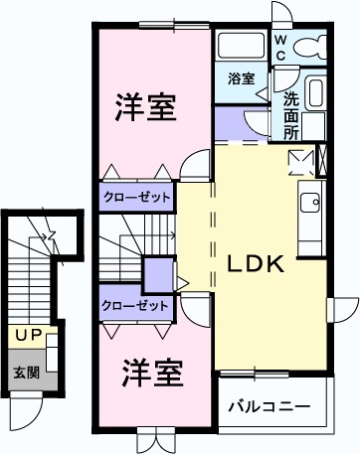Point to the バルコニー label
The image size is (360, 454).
(x=268, y=407)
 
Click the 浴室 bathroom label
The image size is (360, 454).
(x=241, y=78)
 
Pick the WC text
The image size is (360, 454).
(x=281, y=47)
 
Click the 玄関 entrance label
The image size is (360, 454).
(x=27, y=373)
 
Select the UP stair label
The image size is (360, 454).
(x=28, y=336)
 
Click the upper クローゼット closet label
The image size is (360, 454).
(x=135, y=196)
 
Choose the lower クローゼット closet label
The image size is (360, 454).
(x=135, y=306)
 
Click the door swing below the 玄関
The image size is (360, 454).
(x=27, y=409)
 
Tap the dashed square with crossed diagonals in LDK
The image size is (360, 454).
(x=298, y=161)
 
